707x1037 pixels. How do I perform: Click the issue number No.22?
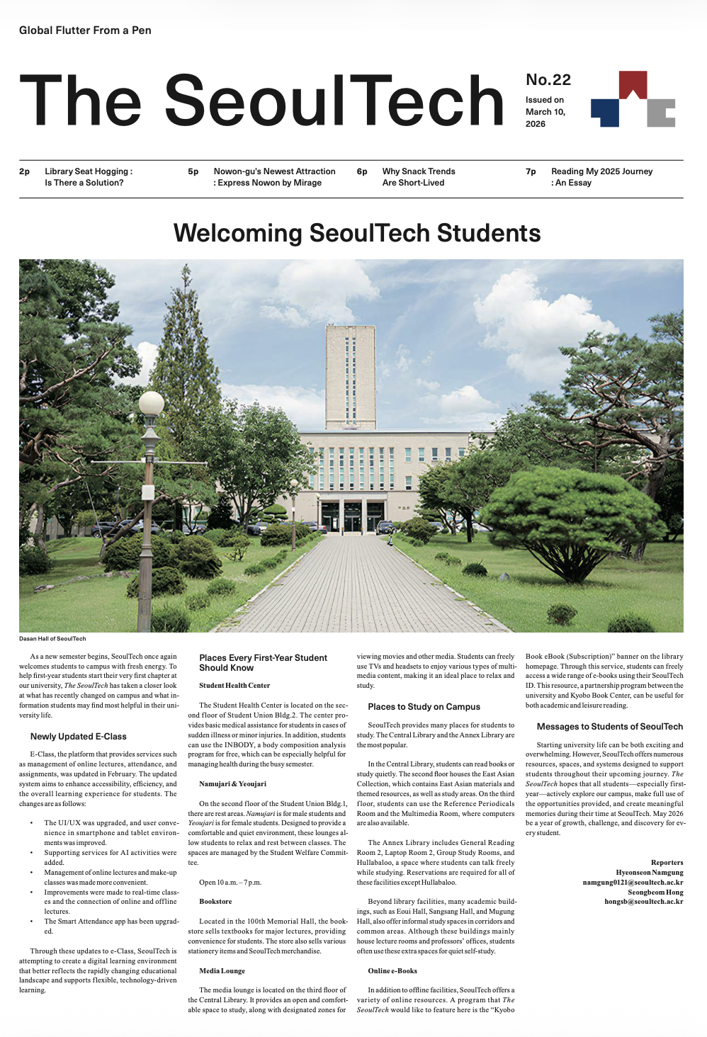548,80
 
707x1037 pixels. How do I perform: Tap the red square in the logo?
633,84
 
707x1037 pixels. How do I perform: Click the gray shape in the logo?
660,113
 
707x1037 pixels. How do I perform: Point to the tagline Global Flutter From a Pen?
85,30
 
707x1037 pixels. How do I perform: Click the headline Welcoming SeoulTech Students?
357,233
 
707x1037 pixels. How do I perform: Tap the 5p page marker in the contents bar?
193,171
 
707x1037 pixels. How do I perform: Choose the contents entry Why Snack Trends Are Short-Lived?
418,177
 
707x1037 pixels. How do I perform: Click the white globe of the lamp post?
151,403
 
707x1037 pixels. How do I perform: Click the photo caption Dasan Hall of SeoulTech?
52,639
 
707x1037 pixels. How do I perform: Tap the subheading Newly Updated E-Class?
78,737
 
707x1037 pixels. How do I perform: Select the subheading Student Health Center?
234,686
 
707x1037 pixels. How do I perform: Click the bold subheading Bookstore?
215,902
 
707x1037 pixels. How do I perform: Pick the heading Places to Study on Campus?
424,707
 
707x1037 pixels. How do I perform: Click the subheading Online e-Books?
392,971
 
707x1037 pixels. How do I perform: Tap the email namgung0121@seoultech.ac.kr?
633,883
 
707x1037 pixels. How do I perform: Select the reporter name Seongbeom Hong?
655,892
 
